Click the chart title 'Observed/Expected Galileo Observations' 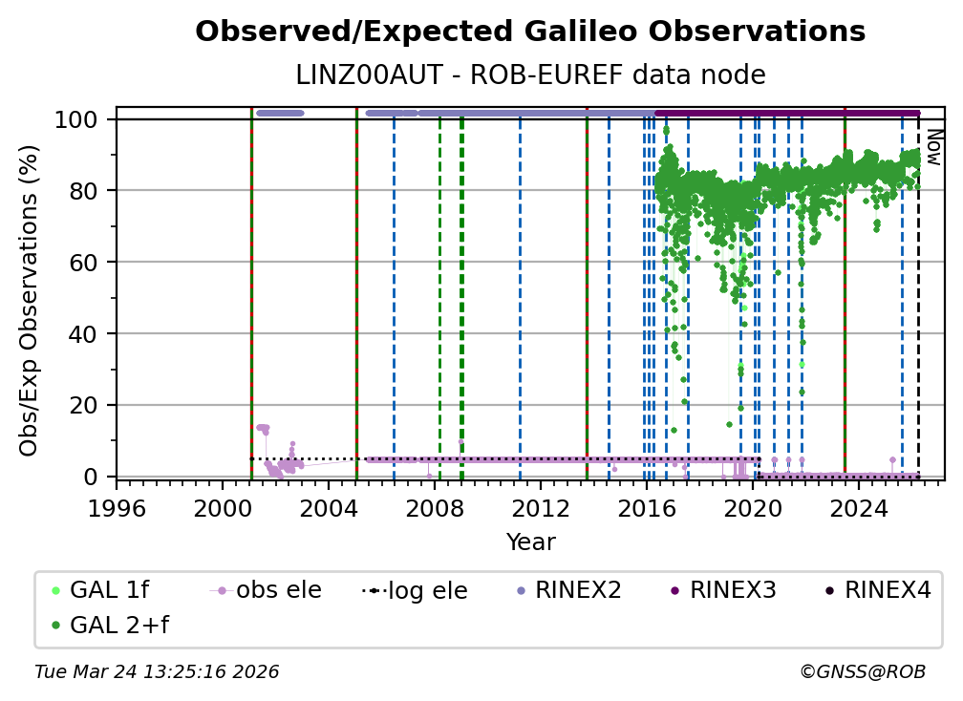coord(530,32)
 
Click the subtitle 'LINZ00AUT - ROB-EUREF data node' coord(530,74)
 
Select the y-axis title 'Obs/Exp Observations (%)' coord(30,300)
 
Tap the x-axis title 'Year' coord(530,542)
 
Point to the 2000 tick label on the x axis coord(223,509)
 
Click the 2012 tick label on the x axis coord(541,509)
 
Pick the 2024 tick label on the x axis coord(859,509)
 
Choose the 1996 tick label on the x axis coord(117,509)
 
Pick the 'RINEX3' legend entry coord(732,590)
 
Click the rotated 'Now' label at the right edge coord(933,148)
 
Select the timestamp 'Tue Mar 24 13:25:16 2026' coord(157,672)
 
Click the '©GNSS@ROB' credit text coord(862,672)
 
